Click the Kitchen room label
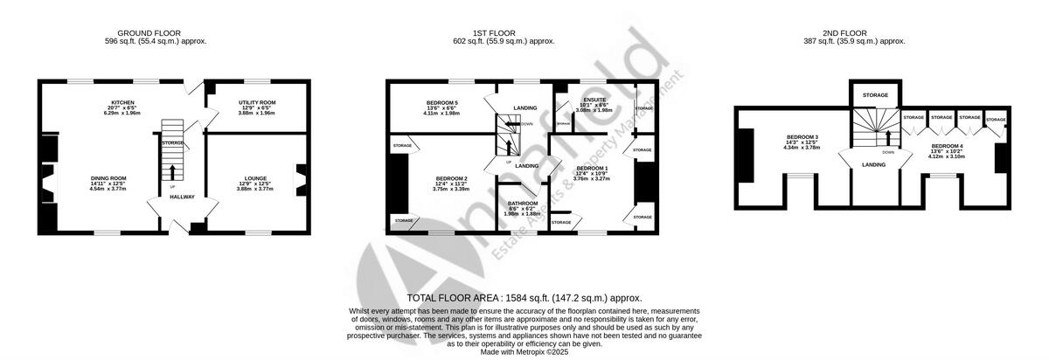(122, 102)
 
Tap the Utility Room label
(256, 102)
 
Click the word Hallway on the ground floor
(182, 197)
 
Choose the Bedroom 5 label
(441, 102)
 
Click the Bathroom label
(524, 204)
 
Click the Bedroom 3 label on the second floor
(802, 137)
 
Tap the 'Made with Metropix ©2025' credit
(524, 351)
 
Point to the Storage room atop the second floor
(875, 94)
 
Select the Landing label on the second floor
(874, 163)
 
